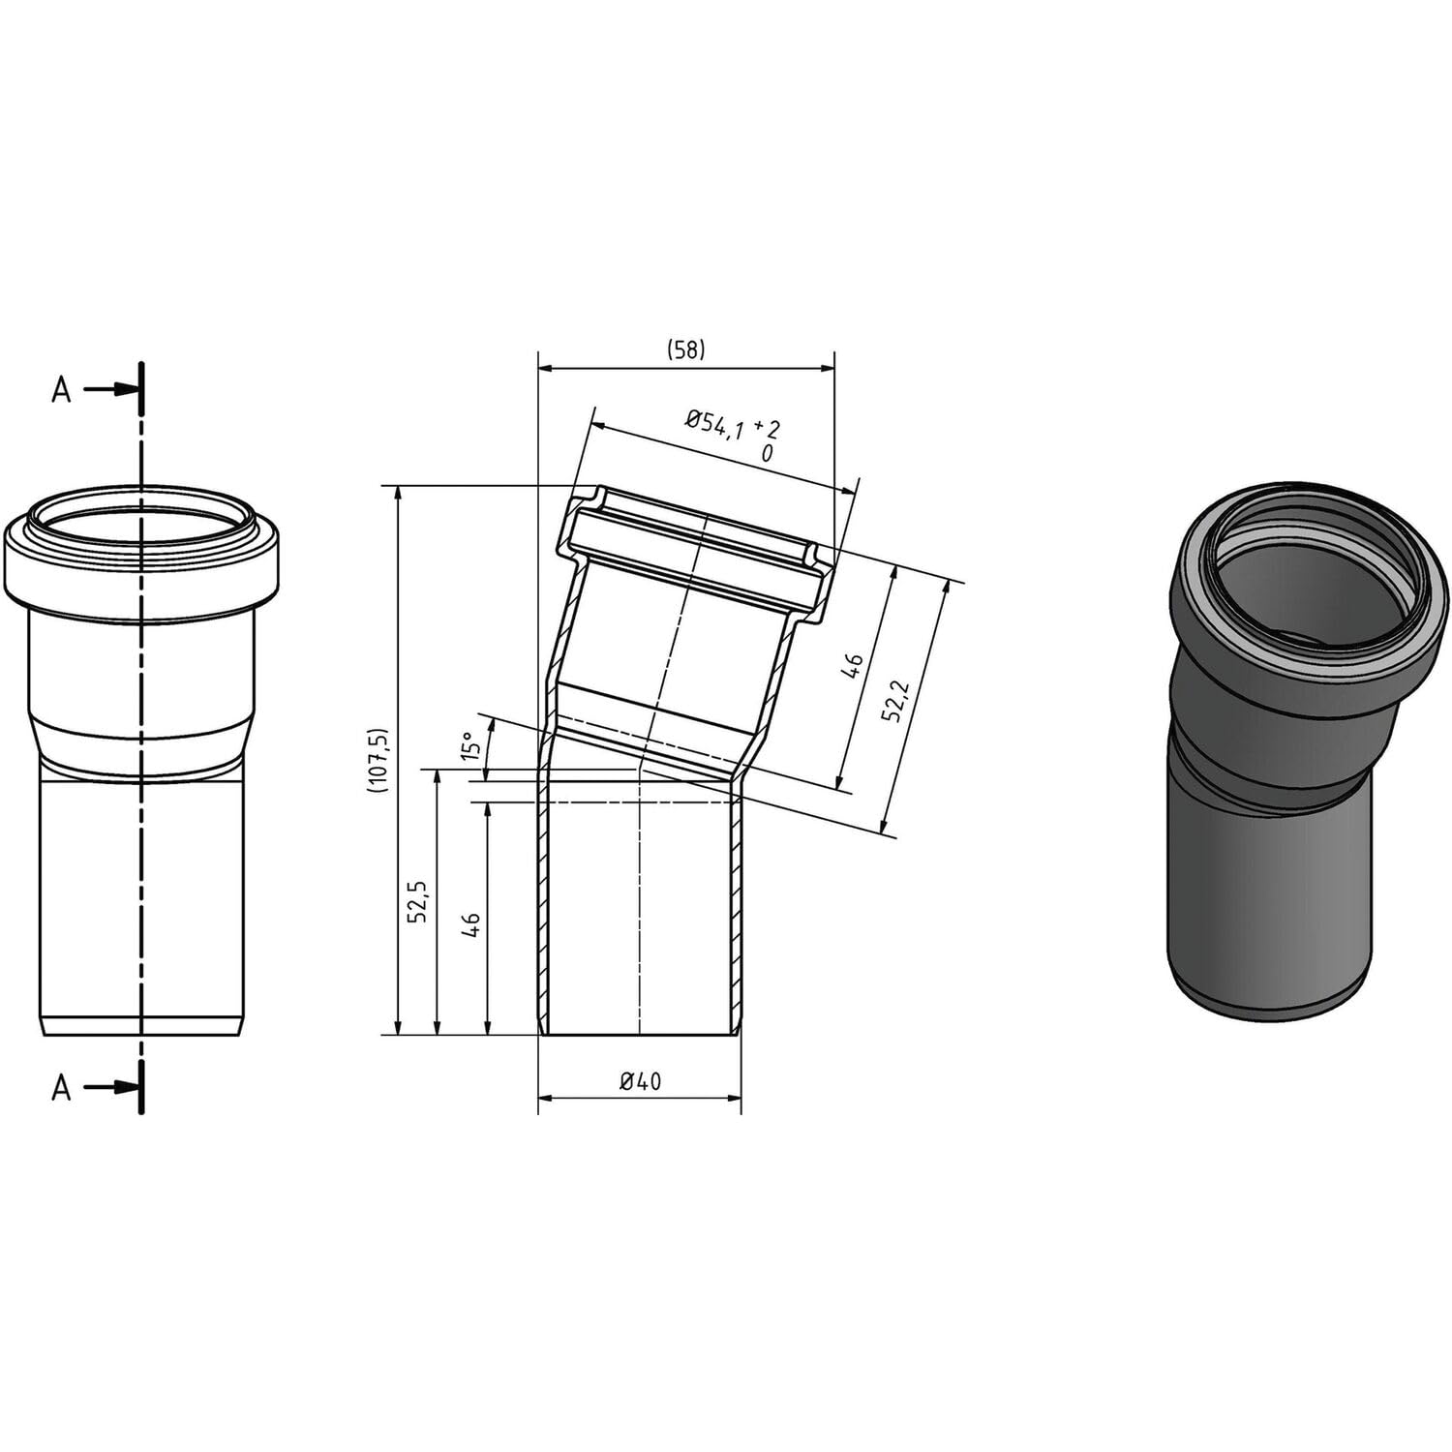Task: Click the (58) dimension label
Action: point(685,350)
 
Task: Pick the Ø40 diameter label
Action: point(640,1081)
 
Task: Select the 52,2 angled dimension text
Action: point(893,699)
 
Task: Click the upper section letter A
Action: point(62,390)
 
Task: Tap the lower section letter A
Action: point(62,1088)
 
